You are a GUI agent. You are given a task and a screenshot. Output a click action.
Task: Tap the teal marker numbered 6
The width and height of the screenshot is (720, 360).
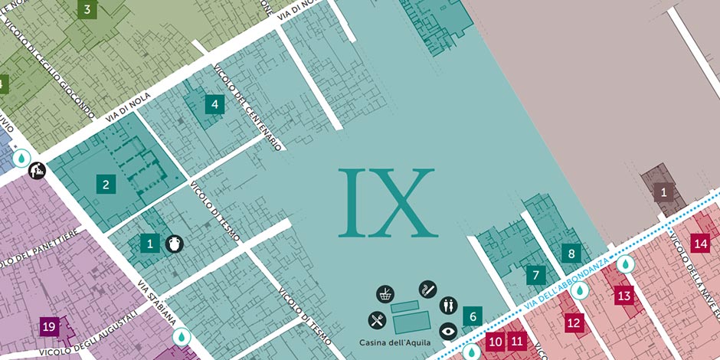(x=473, y=316)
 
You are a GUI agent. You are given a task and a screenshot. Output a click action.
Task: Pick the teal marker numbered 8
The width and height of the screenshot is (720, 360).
(x=570, y=253)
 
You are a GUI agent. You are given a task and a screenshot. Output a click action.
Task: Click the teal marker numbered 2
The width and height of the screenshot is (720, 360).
(x=106, y=184)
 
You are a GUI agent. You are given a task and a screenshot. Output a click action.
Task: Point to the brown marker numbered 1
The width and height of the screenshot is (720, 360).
(x=663, y=192)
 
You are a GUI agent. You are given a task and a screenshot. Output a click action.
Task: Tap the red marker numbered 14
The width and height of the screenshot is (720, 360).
(x=700, y=244)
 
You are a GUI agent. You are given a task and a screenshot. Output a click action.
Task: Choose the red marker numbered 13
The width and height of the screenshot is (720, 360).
(x=623, y=295)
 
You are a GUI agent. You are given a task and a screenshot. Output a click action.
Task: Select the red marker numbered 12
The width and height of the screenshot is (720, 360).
(x=574, y=322)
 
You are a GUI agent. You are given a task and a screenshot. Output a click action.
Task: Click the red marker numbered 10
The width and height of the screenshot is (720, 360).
(x=496, y=341)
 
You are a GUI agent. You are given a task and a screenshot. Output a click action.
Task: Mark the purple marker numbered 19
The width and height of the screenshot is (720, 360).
(x=49, y=328)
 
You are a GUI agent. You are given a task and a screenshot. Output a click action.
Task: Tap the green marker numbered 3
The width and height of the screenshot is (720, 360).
(x=87, y=10)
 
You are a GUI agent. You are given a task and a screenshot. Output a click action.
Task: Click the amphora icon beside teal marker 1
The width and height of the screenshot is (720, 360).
(x=175, y=244)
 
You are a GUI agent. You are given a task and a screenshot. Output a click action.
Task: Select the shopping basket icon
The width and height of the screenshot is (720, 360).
(x=385, y=294)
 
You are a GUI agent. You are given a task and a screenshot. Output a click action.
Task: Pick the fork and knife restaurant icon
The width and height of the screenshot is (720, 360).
(x=376, y=319)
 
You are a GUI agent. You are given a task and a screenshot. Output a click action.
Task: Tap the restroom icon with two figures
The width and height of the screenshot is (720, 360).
(x=448, y=306)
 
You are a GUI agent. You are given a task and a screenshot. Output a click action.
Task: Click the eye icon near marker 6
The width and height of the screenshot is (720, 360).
(x=448, y=332)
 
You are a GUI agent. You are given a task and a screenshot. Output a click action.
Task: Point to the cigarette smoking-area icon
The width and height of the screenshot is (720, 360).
(x=427, y=289)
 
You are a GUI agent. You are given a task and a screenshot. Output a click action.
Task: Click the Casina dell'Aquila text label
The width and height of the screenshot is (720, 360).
(x=394, y=342)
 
